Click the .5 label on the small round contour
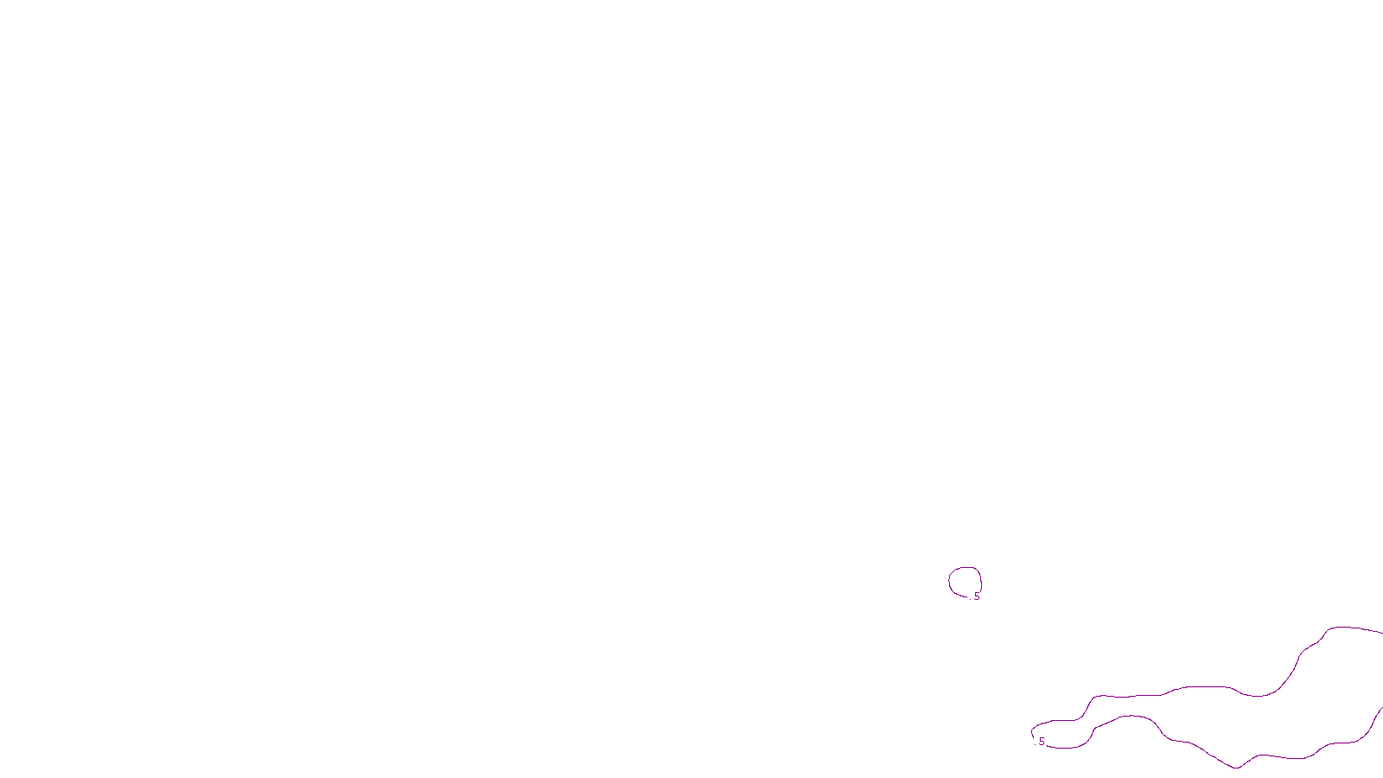click(976, 596)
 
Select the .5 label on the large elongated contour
click(1041, 742)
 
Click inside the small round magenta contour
click(965, 581)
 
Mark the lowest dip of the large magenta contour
click(1236, 767)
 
